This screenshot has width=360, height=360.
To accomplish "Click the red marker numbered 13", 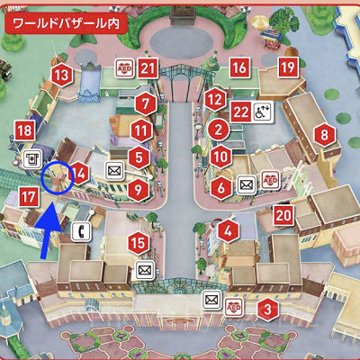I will pyautogui.click(x=60, y=76).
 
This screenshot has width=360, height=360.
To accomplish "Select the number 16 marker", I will pyautogui.click(x=238, y=67).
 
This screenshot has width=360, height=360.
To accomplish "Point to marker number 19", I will pyautogui.click(x=287, y=67).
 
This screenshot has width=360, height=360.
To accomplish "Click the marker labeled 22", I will pyautogui.click(x=240, y=112).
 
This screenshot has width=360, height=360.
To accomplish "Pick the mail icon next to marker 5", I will pyautogui.click(x=114, y=168).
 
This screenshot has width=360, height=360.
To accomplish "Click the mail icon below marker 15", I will pyautogui.click(x=143, y=268).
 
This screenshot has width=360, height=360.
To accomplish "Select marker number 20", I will pyautogui.click(x=283, y=214).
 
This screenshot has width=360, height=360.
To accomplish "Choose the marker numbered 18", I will pyautogui.click(x=25, y=132).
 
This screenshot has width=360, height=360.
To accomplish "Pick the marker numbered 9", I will pyautogui.click(x=138, y=189).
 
